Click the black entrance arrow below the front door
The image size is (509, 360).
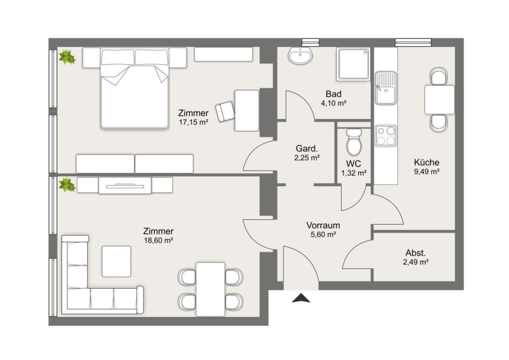[x=301, y=298]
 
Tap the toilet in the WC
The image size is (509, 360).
[x=354, y=142]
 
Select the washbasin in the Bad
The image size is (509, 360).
[x=300, y=55]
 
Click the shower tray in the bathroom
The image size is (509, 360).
[x=353, y=64]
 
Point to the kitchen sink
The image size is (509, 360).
[x=385, y=89]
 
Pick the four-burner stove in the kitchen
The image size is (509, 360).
[x=386, y=135]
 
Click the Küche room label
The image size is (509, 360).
[x=426, y=162]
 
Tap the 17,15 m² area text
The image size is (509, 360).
[x=193, y=122]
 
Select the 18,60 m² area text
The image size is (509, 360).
[x=158, y=240]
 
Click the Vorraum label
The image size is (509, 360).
[x=323, y=225]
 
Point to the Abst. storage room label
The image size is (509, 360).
[x=416, y=252]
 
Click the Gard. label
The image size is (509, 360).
[x=307, y=149]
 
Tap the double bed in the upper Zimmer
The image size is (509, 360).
[x=134, y=88]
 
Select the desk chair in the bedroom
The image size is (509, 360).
[x=225, y=111]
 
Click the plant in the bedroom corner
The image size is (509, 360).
[x=67, y=57]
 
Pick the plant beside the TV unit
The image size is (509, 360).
[x=67, y=184]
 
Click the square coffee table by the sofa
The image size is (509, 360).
[x=116, y=261]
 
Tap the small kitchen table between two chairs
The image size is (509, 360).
[x=439, y=100]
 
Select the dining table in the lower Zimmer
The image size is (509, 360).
[x=210, y=289]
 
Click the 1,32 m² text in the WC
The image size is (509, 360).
[x=354, y=173]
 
